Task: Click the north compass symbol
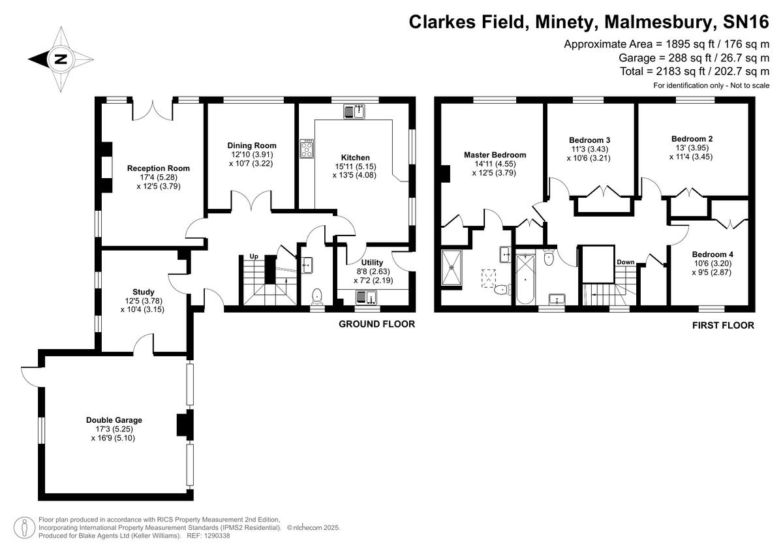click(61, 59)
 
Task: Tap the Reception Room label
click(153, 168)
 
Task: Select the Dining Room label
click(252, 146)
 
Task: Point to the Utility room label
click(372, 262)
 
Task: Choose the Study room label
click(143, 292)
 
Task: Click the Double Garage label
click(114, 420)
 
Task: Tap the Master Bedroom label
click(495, 155)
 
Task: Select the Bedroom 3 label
click(590, 140)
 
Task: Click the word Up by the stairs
click(254, 256)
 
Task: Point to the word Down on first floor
click(625, 262)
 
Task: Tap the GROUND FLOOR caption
click(376, 324)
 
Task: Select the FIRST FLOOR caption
click(723, 326)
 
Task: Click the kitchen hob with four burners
click(307, 149)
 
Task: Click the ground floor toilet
click(317, 296)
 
